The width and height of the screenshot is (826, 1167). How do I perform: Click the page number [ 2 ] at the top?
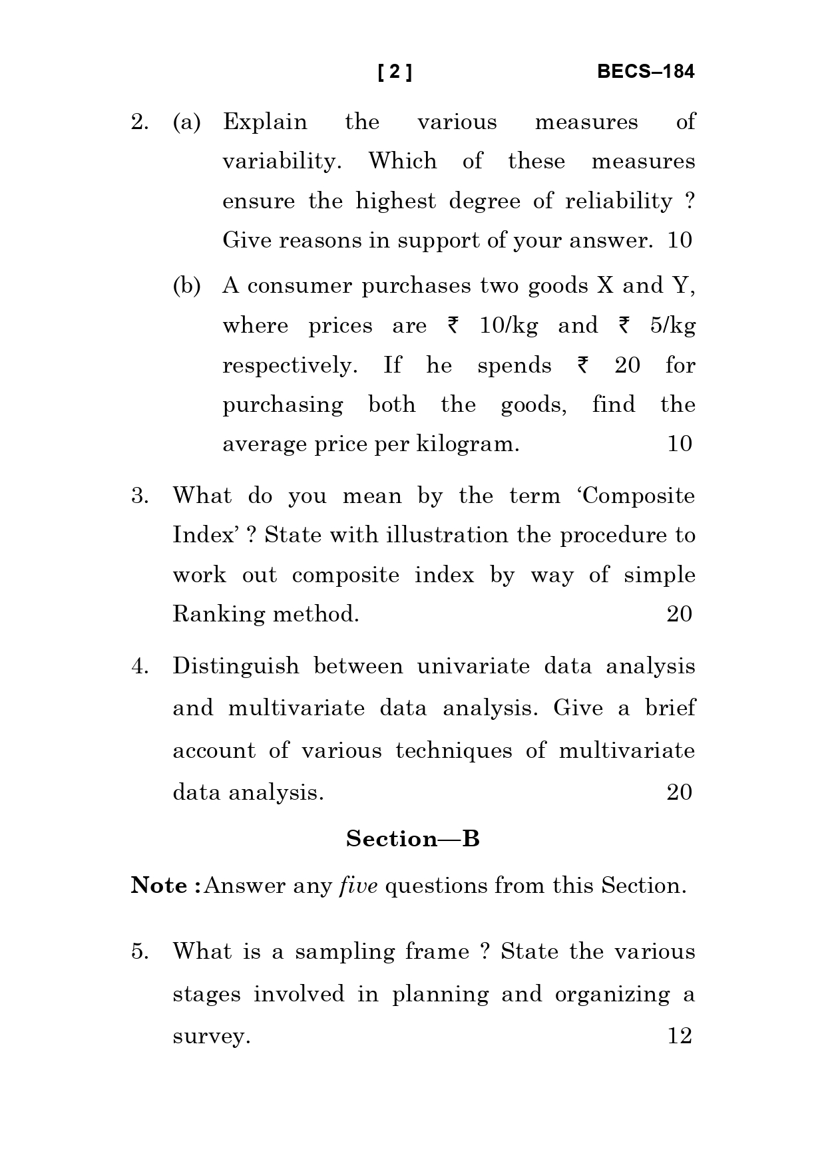point(395,72)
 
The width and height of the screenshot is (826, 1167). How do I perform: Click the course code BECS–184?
point(645,72)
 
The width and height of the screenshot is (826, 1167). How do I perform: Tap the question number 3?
point(139,496)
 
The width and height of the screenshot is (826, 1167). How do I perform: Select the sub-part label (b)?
point(186,286)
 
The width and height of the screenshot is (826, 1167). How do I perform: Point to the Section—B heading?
point(413,838)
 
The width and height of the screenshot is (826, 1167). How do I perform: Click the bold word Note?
point(159,886)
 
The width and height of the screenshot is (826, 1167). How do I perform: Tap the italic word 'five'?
point(358,886)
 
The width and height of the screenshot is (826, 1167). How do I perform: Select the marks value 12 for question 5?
point(680,1036)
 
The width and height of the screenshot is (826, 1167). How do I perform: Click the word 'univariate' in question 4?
point(473,667)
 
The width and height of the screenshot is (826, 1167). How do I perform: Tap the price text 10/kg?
point(509,326)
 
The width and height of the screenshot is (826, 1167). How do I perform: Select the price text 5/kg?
point(672,326)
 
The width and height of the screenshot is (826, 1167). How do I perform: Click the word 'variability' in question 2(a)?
point(280,162)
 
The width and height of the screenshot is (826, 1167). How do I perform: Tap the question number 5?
point(139,952)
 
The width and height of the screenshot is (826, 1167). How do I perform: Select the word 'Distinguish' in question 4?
point(236,667)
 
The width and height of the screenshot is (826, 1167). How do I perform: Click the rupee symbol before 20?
point(582,365)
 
